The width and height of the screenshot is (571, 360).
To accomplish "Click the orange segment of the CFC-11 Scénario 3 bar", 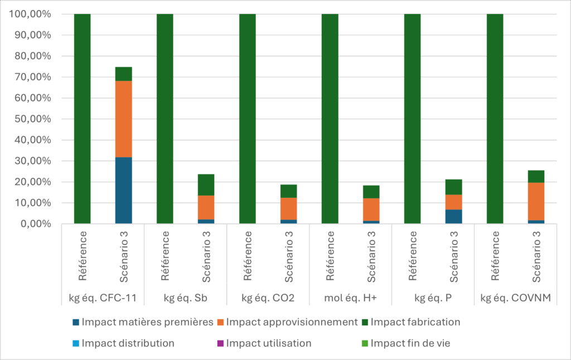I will (x=124, y=119).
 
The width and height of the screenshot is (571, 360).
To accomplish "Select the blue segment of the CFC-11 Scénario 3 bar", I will (x=124, y=190).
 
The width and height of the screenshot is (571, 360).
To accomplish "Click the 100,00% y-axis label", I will (x=35, y=14).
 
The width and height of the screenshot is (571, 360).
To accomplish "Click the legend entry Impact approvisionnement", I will (x=287, y=322).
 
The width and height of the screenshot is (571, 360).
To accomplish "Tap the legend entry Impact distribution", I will (x=123, y=343).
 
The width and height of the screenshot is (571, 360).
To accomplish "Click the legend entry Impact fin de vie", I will (x=405, y=343).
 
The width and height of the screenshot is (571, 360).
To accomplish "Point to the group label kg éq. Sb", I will (x=186, y=298).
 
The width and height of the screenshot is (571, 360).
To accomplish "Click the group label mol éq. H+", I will (x=351, y=298).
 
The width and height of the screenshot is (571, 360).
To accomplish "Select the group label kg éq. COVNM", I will (x=516, y=298).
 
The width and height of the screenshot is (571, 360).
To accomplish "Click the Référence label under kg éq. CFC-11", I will (x=83, y=258).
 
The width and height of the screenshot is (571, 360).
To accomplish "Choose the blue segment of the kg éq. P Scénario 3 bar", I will (x=454, y=217).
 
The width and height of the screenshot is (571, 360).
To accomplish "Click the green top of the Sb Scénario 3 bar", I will (x=206, y=184).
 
